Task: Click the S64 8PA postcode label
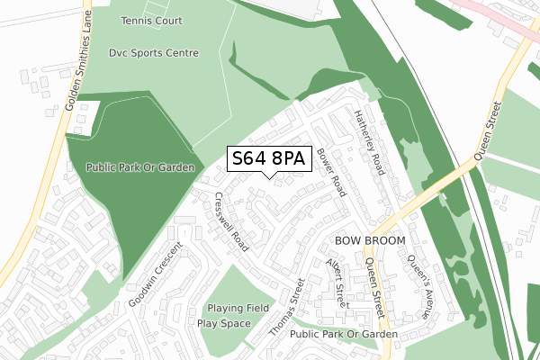click(x=270, y=158)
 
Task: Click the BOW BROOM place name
click(x=371, y=241)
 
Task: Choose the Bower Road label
click(x=331, y=173)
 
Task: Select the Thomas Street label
click(x=288, y=308)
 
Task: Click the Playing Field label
click(x=238, y=308)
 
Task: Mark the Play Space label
click(x=223, y=323)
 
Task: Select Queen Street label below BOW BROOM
click(x=375, y=286)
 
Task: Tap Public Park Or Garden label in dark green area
click(x=140, y=167)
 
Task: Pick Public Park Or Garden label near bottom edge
click(x=344, y=334)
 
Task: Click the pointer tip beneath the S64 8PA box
click(x=271, y=177)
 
